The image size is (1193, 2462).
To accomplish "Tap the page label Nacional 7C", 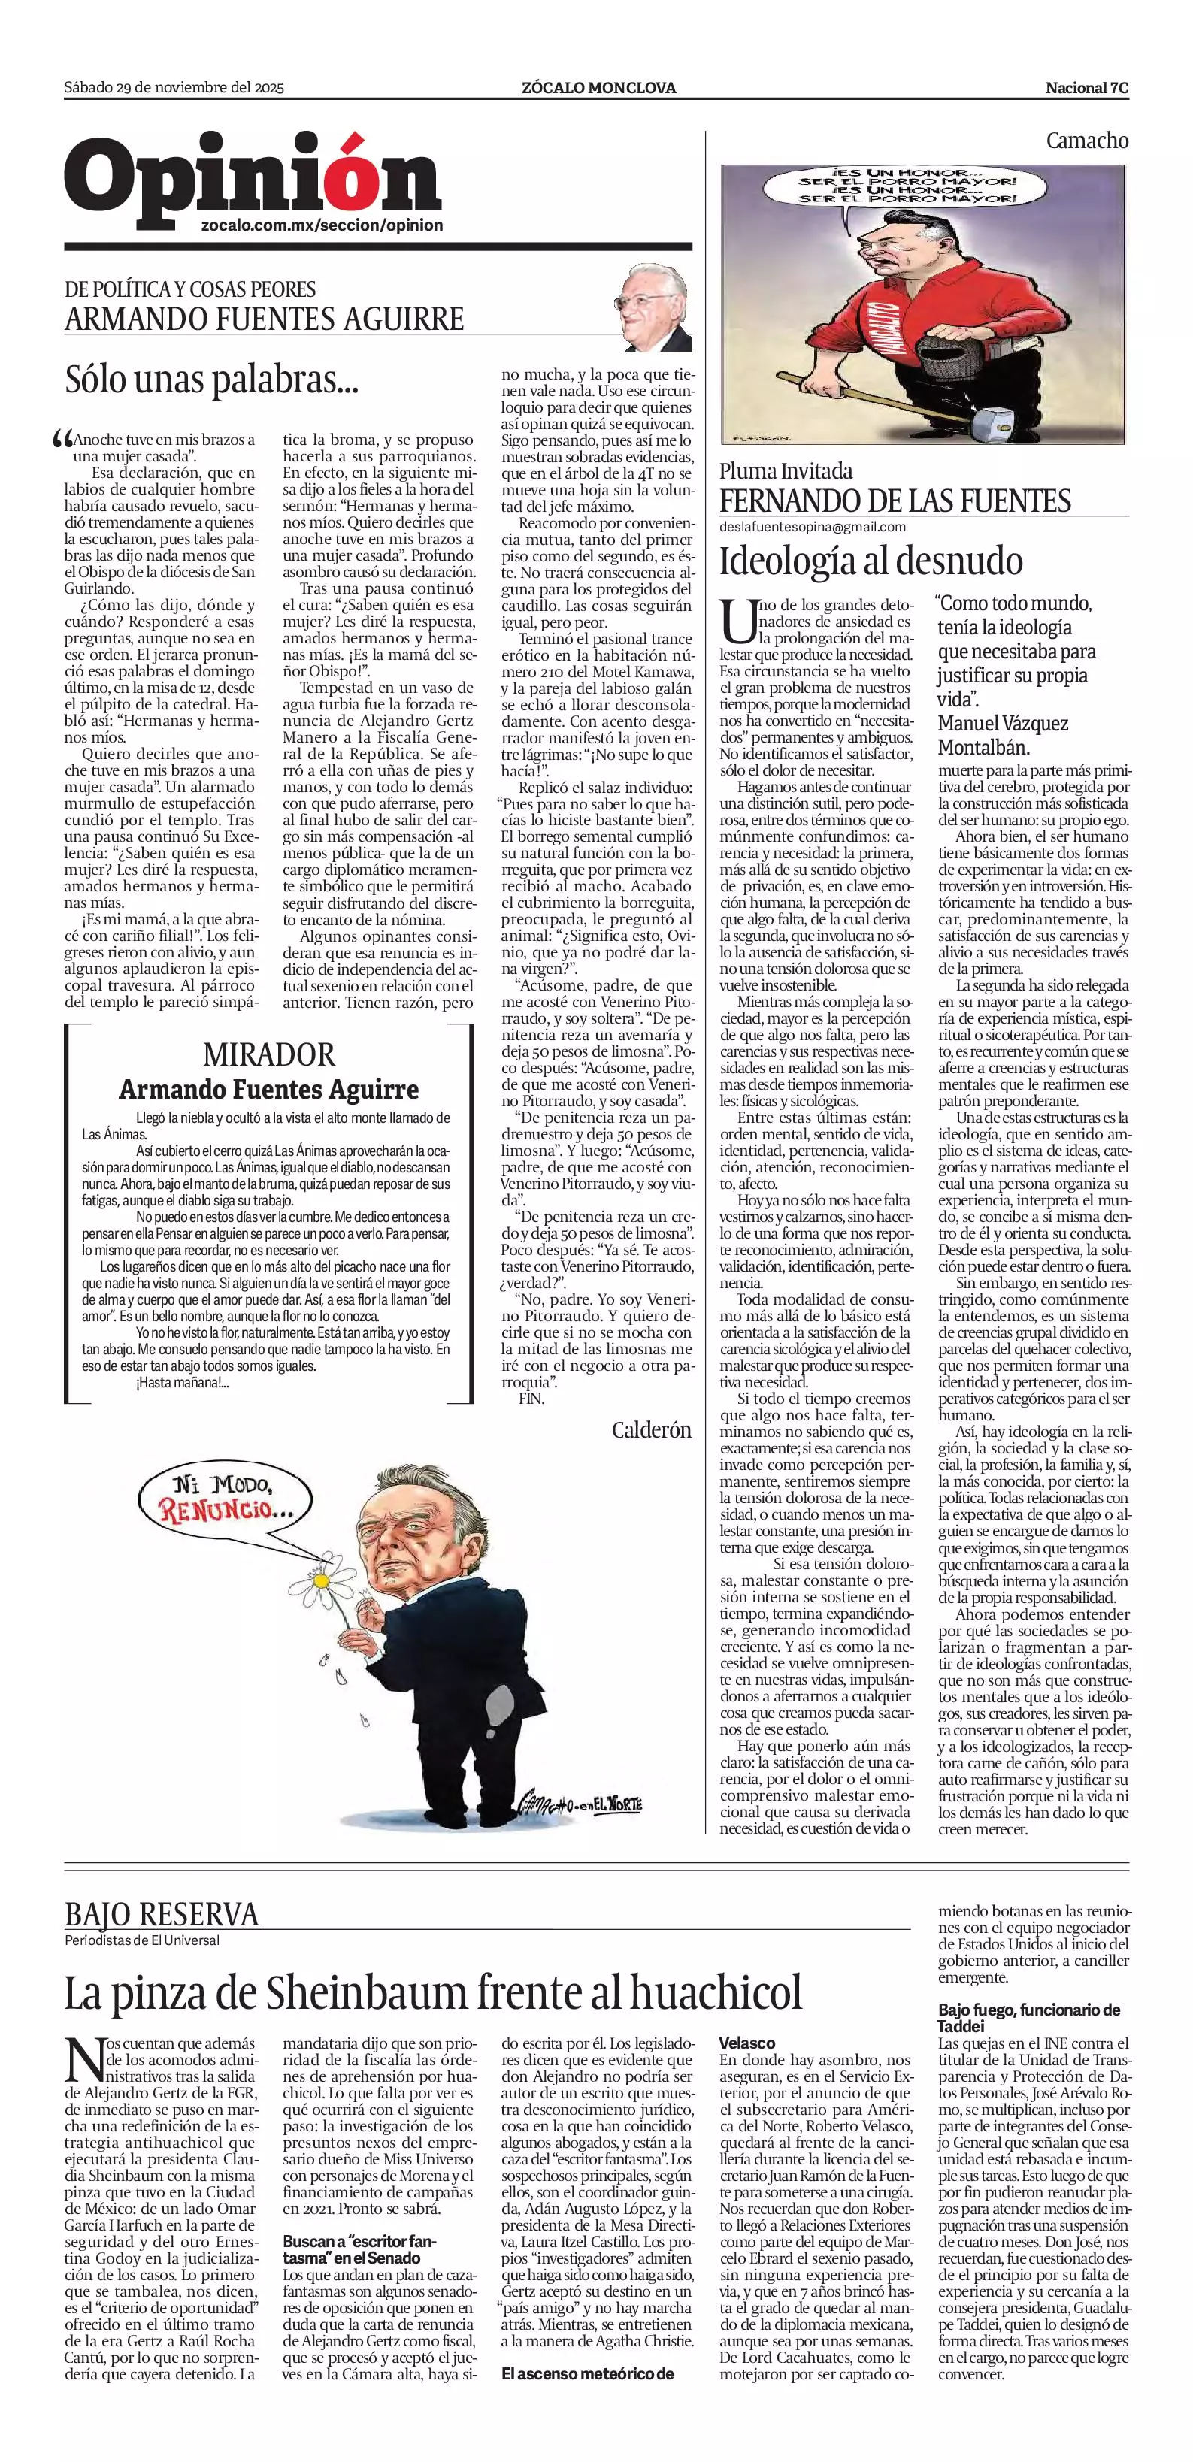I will [x=1087, y=88].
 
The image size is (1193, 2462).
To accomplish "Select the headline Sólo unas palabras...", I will [x=211, y=380].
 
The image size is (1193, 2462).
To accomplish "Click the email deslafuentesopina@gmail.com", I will [x=813, y=527].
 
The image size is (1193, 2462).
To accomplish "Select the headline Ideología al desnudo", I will [x=871, y=561].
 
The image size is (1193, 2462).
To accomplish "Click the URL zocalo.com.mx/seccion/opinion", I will [x=322, y=225].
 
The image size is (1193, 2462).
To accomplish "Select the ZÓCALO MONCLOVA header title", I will [x=598, y=88].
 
